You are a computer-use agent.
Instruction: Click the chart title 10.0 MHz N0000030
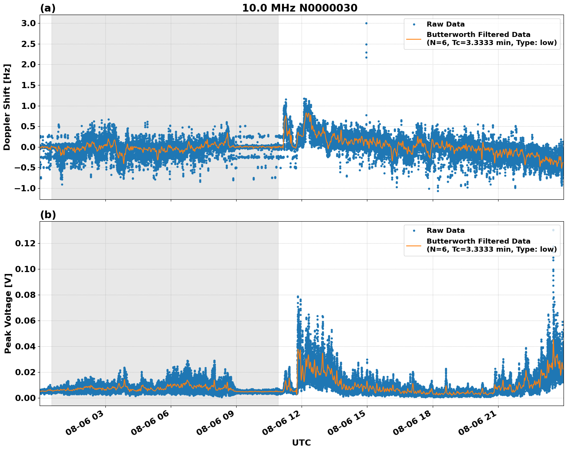coord(299,8)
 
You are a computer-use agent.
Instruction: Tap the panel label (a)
coord(48,8)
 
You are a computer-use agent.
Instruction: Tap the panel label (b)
coord(48,215)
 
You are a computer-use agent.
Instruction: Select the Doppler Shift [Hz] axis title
coord(7,107)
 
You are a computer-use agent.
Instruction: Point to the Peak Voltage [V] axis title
coord(8,313)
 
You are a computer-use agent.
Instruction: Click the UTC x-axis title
coord(301,443)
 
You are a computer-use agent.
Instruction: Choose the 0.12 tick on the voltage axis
coord(25,244)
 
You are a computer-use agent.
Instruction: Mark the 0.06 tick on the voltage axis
coord(25,321)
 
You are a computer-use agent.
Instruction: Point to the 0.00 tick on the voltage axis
coord(25,398)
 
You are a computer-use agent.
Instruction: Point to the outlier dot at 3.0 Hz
coord(366,23)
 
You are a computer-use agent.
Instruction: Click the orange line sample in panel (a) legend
coord(414,38)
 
